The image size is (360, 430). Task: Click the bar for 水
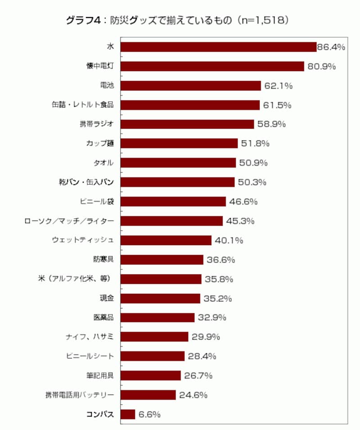219,47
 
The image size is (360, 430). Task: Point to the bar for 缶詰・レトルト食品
190,105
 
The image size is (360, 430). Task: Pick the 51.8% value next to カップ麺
254,143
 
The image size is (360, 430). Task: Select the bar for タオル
179,163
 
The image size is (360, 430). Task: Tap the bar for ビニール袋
174,202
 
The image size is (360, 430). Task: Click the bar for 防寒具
162,260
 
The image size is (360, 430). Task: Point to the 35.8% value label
218,279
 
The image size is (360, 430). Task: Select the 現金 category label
106,298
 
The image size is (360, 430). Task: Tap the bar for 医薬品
158,318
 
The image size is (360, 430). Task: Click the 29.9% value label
205,337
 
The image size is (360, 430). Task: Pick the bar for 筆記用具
151,376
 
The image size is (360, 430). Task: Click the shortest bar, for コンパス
128,414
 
